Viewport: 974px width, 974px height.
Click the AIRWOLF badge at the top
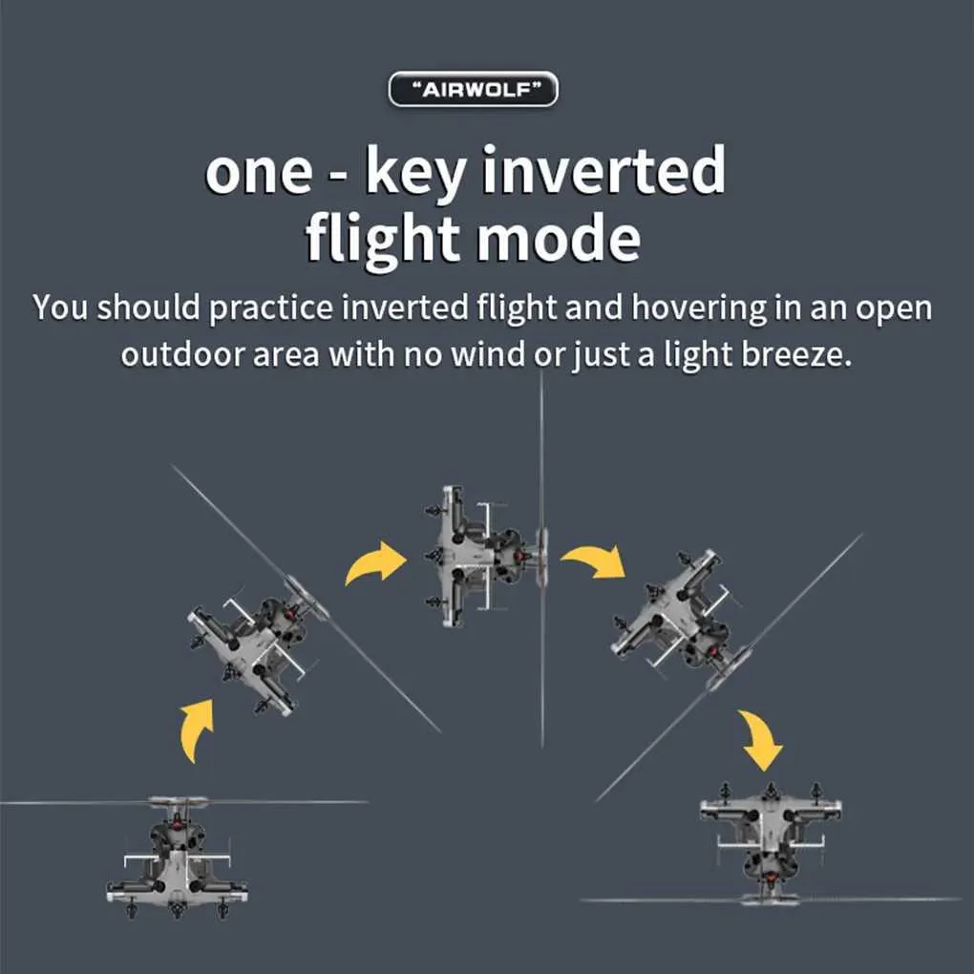[x=473, y=89]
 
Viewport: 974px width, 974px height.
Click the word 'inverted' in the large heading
[x=603, y=170]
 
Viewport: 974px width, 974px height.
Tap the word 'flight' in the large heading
[x=382, y=239]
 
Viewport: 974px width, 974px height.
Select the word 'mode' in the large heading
[x=558, y=239]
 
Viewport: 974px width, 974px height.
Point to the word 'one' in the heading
[x=259, y=173]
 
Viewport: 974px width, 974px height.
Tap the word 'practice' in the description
[x=270, y=308]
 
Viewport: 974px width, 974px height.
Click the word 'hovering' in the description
[x=699, y=308]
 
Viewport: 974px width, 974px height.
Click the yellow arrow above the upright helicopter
[x=197, y=730]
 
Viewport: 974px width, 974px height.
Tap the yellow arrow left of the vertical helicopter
[x=374, y=562]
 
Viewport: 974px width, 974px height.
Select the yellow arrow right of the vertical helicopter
[x=595, y=561]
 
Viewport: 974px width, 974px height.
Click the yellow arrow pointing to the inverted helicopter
[x=761, y=739]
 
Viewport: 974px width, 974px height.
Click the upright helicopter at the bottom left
[x=178, y=858]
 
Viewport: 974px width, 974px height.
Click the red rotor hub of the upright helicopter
[x=177, y=823]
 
